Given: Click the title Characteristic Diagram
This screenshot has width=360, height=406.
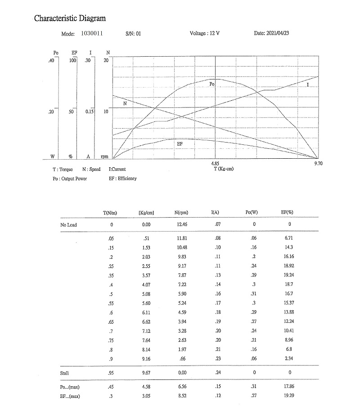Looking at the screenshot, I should [x=70, y=18].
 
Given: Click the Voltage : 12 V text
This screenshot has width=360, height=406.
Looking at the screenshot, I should [x=205, y=33].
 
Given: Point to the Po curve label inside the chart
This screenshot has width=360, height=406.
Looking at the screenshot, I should [x=212, y=84].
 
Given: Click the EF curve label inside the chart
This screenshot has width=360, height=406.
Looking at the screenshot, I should [x=180, y=144].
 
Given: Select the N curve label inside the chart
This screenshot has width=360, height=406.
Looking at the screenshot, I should [x=125, y=103].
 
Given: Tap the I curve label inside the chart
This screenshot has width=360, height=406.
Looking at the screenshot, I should [x=308, y=85].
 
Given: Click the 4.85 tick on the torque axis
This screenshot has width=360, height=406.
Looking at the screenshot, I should [x=215, y=164].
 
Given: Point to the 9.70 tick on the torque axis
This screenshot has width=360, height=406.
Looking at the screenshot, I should [x=318, y=164].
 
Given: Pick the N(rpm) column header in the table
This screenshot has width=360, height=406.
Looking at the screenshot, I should [x=181, y=212].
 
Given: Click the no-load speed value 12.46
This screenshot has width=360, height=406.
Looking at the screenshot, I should [x=181, y=224].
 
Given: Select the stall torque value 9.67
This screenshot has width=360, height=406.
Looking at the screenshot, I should [x=146, y=373].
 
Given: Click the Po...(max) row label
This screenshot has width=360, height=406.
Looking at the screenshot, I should [x=71, y=387].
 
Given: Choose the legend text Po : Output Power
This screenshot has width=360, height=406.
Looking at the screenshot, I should [x=70, y=178].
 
